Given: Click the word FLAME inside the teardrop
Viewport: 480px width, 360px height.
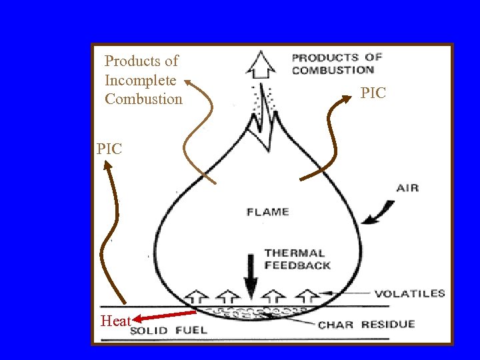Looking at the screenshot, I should [x=267, y=213].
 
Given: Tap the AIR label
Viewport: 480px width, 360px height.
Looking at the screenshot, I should [x=407, y=188].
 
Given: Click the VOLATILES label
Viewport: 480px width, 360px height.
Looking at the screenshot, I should [x=409, y=293].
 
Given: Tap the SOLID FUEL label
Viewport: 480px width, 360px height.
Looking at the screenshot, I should [x=168, y=330].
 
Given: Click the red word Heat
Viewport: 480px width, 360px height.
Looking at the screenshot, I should [x=115, y=321].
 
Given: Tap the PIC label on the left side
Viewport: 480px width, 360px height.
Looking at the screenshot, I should [x=109, y=149].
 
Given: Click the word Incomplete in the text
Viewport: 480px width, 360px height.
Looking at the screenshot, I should [x=140, y=80].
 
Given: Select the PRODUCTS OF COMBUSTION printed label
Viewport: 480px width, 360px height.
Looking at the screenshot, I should [x=337, y=64].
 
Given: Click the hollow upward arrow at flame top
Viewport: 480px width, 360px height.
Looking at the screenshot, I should [x=261, y=65].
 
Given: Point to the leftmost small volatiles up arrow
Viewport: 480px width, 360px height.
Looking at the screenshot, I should [x=197, y=297].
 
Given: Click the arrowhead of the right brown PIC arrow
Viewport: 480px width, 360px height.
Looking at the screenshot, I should [x=347, y=99].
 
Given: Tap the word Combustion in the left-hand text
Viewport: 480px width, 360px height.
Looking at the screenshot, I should [x=143, y=99].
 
